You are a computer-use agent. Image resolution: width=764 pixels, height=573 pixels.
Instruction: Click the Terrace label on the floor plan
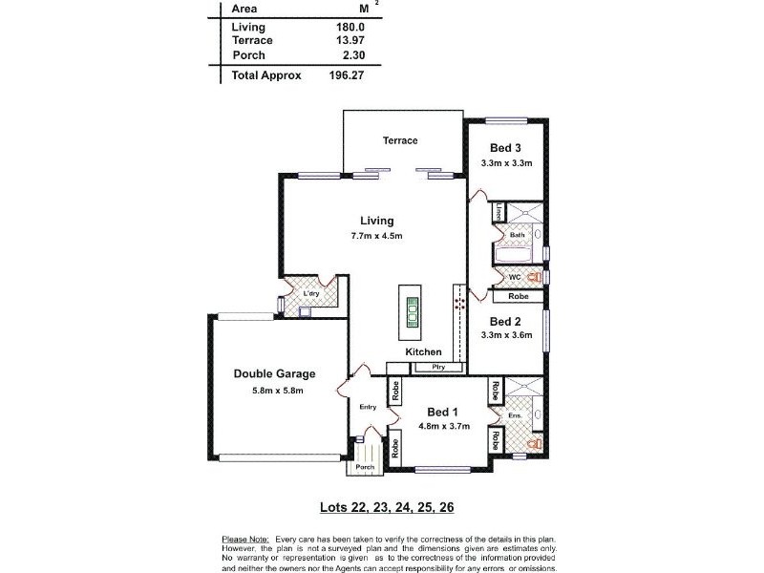(x=400, y=141)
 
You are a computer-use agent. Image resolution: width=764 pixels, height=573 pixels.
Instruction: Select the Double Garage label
(x=274, y=374)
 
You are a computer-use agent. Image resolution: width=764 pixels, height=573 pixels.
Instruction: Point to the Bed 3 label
(x=505, y=148)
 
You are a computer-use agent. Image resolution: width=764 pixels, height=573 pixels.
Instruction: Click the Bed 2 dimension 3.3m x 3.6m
(x=505, y=336)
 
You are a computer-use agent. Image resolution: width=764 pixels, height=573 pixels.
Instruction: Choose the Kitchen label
(x=423, y=352)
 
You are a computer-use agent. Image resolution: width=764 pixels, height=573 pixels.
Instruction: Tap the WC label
(x=513, y=277)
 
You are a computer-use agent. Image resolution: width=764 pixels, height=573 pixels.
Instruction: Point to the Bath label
(x=517, y=235)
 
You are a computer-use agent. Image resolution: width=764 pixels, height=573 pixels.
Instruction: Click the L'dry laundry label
(x=311, y=293)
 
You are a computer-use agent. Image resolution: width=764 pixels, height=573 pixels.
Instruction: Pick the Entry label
(x=368, y=407)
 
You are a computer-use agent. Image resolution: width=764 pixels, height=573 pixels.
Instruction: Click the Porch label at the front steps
(x=364, y=468)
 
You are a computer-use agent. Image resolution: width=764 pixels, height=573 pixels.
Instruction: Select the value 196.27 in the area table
(x=347, y=74)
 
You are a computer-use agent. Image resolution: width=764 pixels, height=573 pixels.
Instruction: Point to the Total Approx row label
(x=266, y=74)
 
